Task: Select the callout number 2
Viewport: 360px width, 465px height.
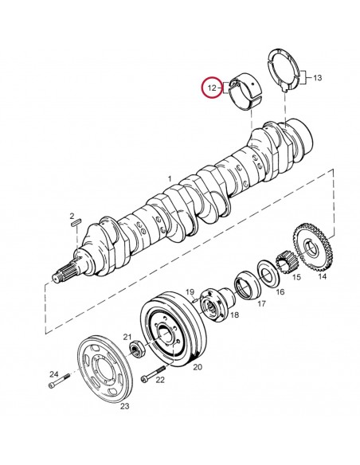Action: tap(72, 216)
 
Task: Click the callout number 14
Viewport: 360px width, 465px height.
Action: tap(321, 277)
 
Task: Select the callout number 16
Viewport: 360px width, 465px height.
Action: tap(279, 292)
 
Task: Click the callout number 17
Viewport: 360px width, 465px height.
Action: tap(260, 303)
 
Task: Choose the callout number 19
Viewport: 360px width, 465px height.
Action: tap(191, 292)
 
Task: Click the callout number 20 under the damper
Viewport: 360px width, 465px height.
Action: tap(198, 367)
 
